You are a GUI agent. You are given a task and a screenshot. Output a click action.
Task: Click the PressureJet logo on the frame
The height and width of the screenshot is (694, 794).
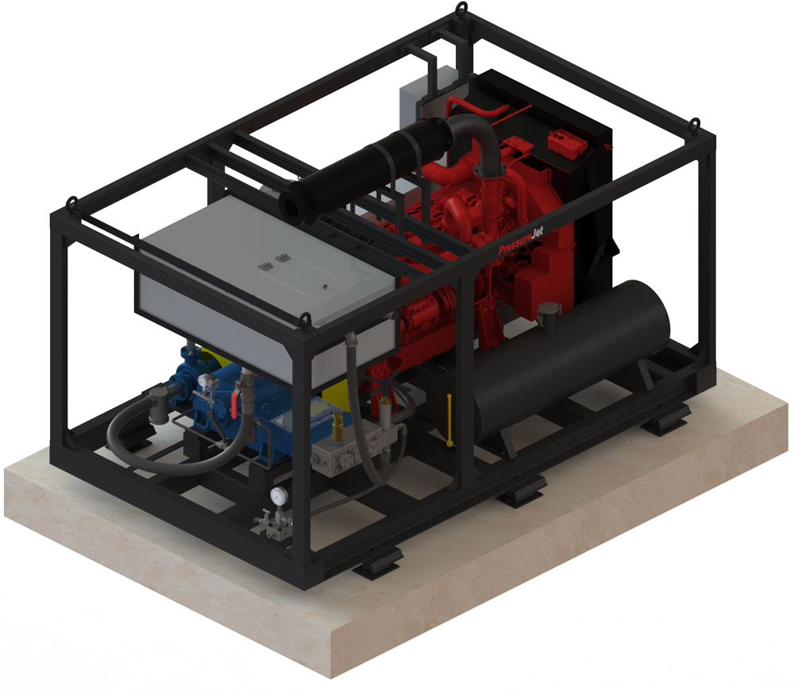click(x=521, y=241)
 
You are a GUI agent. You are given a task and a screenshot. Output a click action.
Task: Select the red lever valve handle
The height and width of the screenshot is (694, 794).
click(x=234, y=405)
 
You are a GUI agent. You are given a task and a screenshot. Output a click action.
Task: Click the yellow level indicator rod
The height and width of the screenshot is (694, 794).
click(x=449, y=419)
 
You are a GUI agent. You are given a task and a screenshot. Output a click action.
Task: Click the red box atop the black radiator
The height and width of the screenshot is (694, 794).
click(x=567, y=144)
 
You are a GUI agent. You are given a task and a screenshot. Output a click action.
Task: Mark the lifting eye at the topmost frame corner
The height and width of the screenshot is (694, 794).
click(x=461, y=9)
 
